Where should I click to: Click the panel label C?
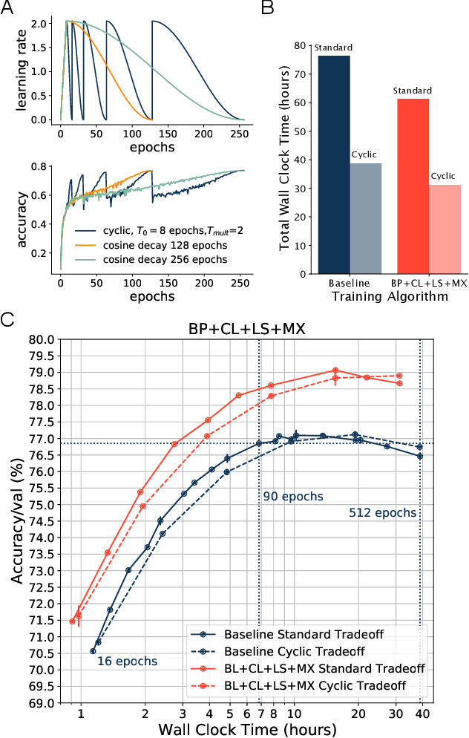[x=8, y=321]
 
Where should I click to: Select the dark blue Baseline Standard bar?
[x=333, y=164]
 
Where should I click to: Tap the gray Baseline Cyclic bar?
[x=366, y=218]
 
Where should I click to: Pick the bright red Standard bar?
[x=413, y=186]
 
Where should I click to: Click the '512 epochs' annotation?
[x=382, y=512]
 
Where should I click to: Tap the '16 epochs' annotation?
[x=127, y=659]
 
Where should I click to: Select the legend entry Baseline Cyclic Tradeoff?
[x=289, y=651]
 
